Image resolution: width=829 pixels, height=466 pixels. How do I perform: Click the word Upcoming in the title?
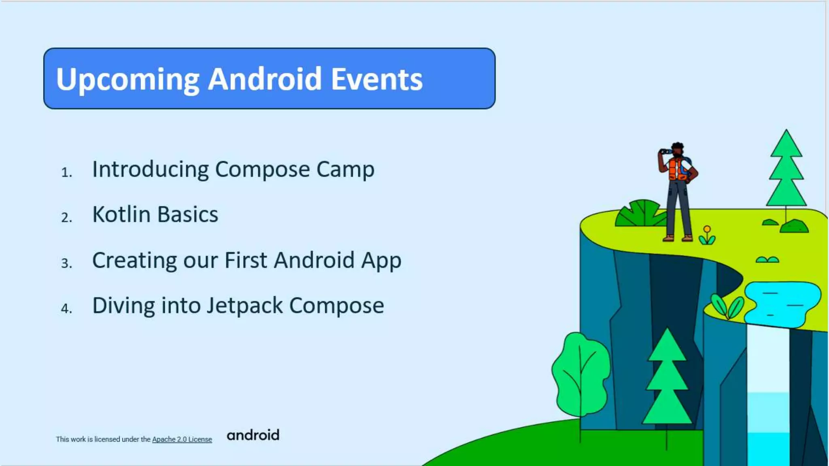[x=128, y=79]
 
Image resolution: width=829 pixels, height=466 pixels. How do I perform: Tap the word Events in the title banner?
[x=376, y=79]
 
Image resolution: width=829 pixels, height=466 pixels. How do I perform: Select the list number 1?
[x=66, y=173]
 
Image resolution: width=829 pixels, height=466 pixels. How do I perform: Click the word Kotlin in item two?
[x=121, y=214]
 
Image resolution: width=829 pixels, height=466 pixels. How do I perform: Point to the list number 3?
[x=66, y=263]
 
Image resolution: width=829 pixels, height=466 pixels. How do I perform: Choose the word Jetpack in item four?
[x=244, y=305]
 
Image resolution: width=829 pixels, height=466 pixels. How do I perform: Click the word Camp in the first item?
[x=345, y=169]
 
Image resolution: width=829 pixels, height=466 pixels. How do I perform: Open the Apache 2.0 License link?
[x=182, y=439]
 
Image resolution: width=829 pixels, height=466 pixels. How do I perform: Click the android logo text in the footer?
[x=253, y=435]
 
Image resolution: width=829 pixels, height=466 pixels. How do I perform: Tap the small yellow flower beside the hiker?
[x=707, y=230]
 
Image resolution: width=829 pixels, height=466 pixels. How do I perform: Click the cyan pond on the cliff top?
[x=781, y=303]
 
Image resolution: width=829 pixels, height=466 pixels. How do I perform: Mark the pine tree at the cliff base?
[x=667, y=380]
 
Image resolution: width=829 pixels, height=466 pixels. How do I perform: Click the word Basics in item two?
[x=187, y=214]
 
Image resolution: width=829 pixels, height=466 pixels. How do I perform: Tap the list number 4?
[x=66, y=309]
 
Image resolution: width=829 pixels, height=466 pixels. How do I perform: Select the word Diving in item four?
[x=123, y=305]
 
